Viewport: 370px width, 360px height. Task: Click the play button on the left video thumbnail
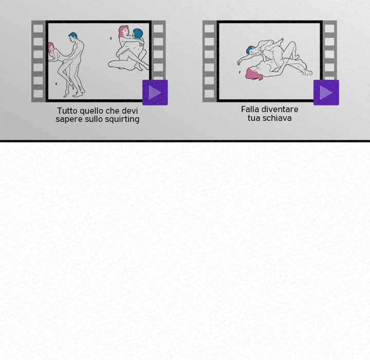tap(155, 93)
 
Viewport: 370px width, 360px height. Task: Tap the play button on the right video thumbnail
tap(326, 93)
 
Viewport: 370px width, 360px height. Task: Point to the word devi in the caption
tap(130, 111)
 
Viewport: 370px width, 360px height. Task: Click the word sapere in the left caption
tap(66, 119)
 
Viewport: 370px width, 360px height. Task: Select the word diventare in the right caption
tap(280, 109)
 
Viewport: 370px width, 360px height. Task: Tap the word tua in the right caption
tap(253, 118)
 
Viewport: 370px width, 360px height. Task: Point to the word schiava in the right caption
tap(276, 118)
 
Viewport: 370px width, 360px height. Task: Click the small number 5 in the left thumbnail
tap(111, 38)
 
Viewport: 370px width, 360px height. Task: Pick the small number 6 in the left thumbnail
tap(56, 84)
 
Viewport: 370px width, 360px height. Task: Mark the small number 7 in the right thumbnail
tap(240, 72)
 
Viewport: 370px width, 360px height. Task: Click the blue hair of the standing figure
tap(73, 36)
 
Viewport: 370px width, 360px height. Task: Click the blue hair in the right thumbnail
tap(249, 49)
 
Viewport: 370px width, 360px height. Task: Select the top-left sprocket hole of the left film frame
tap(38, 29)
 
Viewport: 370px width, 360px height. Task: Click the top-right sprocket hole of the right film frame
tap(329, 29)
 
